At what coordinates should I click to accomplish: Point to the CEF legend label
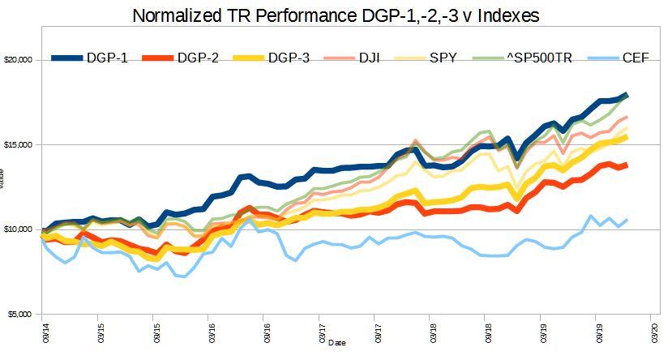(x=634, y=58)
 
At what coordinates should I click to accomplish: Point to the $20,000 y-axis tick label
(x=17, y=60)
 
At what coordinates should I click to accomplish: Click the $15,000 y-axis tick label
(x=17, y=144)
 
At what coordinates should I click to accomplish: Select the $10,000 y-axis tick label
(x=17, y=229)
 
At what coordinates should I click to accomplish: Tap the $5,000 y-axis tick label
(x=19, y=314)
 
